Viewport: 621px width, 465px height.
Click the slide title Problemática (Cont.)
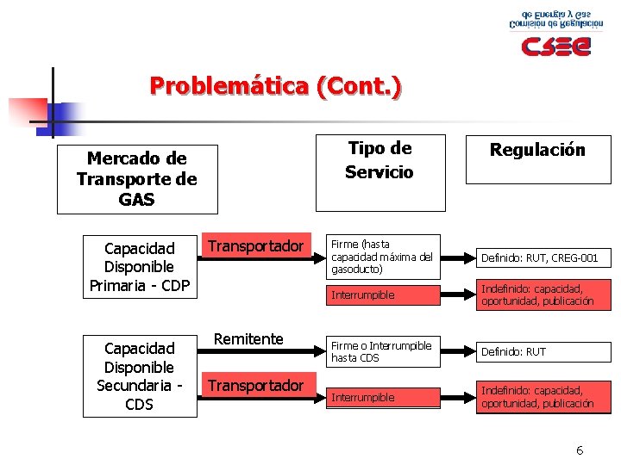coord(275,87)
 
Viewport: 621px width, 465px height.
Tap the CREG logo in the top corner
coord(549,34)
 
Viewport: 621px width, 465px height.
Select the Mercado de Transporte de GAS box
coord(137,180)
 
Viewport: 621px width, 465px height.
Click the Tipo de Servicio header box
coord(379,160)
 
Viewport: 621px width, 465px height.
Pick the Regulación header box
coord(537,159)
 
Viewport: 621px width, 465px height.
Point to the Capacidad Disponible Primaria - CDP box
coord(140,267)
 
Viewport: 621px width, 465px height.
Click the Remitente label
coord(248,339)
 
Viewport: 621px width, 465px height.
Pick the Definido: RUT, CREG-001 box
coord(540,257)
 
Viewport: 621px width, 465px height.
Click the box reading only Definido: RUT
coord(540,351)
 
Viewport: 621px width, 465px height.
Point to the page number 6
coord(580,450)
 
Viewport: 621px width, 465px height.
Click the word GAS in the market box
coord(137,200)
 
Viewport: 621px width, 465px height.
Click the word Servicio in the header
coord(379,171)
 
